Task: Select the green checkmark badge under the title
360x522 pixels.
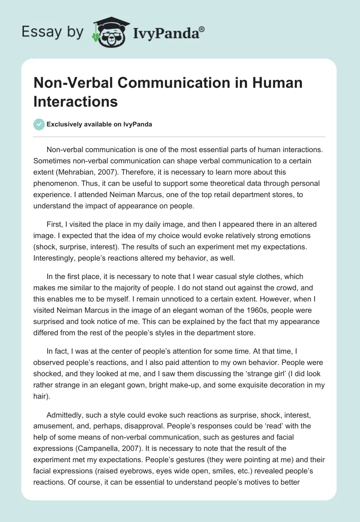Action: click(x=39, y=124)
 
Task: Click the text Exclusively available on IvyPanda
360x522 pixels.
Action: click(x=99, y=124)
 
